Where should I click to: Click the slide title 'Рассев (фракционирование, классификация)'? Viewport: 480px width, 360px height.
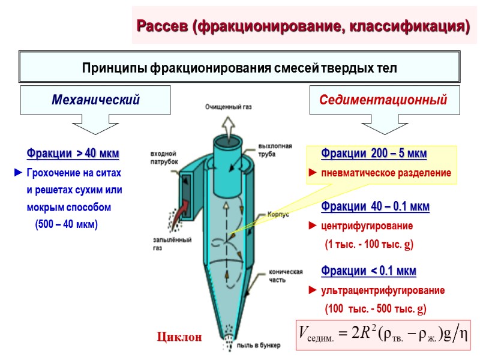tap(304, 26)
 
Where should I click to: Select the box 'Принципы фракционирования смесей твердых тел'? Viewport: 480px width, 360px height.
tap(239, 67)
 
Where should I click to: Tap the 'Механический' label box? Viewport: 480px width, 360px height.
tap(96, 100)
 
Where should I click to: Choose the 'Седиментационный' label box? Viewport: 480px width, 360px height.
tap(385, 100)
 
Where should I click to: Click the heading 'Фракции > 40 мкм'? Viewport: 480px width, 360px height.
tap(73, 154)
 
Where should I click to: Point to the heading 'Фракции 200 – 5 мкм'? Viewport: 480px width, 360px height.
tap(374, 154)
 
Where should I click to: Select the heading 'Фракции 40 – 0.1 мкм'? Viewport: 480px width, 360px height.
tap(375, 207)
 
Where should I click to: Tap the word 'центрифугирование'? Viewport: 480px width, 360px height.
tap(365, 226)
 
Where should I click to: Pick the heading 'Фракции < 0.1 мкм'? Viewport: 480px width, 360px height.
tap(368, 271)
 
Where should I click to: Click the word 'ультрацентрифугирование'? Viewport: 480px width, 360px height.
tap(382, 290)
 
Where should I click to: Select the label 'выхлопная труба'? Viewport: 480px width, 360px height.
tap(275, 149)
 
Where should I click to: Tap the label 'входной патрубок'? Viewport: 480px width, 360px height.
tap(163, 158)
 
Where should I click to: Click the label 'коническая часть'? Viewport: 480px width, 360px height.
tap(280, 275)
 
